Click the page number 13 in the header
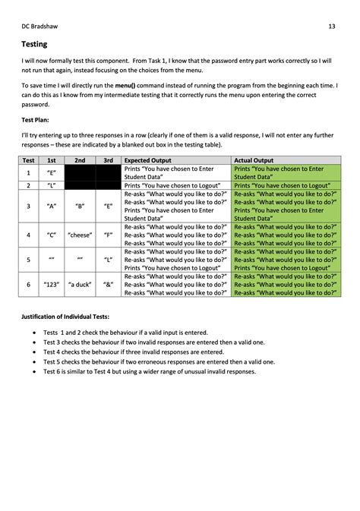(332, 27)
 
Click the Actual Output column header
(254, 161)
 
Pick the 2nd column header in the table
(80, 161)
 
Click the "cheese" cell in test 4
(80, 235)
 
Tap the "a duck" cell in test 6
(80, 285)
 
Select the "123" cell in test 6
(52, 285)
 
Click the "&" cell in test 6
(109, 285)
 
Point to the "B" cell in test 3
(80, 206)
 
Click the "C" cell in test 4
(52, 235)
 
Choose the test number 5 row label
(28, 260)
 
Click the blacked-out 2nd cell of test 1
(80, 173)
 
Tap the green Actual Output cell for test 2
(286, 185)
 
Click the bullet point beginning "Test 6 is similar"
(150, 371)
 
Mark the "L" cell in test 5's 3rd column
(109, 260)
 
